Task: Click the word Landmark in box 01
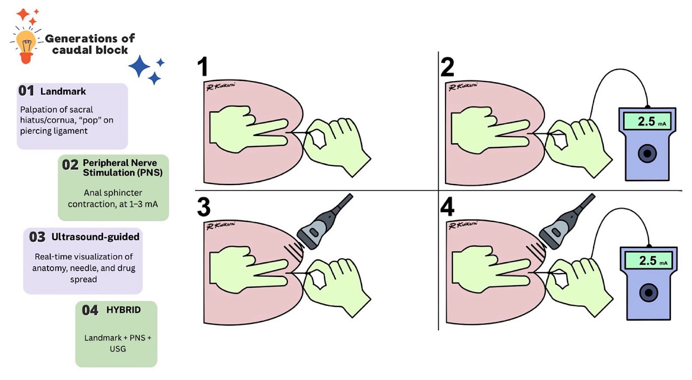click(63, 91)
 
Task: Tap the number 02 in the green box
click(70, 165)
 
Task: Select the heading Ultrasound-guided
click(96, 237)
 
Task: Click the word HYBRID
click(124, 310)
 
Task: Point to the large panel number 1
click(203, 67)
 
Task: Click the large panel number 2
click(447, 67)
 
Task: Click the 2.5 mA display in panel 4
click(648, 261)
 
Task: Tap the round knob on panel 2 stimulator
click(647, 153)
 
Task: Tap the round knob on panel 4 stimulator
click(648, 293)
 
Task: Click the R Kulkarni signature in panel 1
click(221, 86)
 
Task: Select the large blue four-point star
click(139, 66)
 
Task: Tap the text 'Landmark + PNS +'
click(118, 338)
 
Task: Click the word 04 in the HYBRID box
click(90, 310)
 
